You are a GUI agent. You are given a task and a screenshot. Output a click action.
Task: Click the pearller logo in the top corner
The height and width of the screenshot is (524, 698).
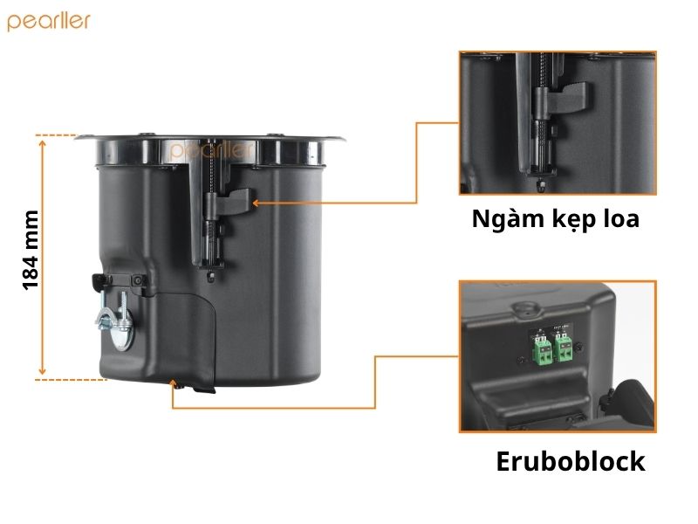click(49, 22)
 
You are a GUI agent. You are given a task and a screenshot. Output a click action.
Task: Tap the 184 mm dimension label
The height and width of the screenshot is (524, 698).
click(31, 251)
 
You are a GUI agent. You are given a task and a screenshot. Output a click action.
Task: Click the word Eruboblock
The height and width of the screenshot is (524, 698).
click(571, 462)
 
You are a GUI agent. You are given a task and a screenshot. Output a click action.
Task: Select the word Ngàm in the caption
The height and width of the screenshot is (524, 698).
click(501, 220)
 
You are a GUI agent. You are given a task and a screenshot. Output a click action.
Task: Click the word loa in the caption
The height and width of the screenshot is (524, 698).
click(621, 218)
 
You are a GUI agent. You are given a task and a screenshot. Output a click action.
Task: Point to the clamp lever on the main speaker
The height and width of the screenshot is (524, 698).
click(234, 202)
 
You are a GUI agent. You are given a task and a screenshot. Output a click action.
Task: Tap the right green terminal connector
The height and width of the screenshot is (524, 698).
click(564, 348)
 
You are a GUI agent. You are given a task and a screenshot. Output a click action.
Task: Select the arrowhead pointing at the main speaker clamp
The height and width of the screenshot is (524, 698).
click(256, 203)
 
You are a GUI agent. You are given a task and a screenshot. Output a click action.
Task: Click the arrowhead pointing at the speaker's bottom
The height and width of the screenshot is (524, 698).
click(173, 383)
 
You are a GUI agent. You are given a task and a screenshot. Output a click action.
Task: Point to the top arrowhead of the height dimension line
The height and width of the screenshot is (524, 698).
click(42, 143)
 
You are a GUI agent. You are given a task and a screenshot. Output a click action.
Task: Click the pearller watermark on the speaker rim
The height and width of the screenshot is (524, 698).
click(211, 150)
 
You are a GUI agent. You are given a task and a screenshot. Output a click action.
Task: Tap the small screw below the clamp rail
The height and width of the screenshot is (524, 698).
click(211, 277)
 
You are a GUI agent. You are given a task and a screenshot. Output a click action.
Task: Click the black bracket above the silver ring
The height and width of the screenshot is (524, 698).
click(119, 281)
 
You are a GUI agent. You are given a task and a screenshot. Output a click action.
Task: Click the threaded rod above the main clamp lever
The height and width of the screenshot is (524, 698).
click(211, 171)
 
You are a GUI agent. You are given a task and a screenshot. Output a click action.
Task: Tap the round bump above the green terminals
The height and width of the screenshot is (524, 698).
click(525, 308)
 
